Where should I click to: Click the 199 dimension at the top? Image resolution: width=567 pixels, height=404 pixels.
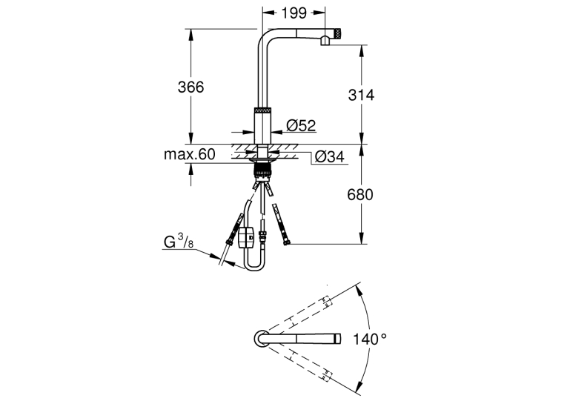point(294,13)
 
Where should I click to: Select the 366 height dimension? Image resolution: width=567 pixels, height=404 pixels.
point(190,87)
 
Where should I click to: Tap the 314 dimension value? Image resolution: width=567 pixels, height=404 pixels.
point(361,95)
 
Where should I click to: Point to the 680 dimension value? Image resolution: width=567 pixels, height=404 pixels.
point(359,194)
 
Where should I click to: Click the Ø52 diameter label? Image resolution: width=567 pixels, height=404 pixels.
point(301,125)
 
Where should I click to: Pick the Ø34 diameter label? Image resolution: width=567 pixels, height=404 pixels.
point(329,156)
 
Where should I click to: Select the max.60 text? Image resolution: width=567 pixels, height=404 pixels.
point(190,154)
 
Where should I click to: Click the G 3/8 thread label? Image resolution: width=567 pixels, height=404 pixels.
point(179,241)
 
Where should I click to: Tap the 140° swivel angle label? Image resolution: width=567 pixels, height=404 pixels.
point(370,340)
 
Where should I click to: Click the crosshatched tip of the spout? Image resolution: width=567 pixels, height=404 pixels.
point(338,33)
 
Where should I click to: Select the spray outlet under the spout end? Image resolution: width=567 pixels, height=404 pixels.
point(325,41)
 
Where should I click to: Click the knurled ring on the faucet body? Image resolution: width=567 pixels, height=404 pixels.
point(262,110)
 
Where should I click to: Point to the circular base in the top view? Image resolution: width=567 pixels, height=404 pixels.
point(261,339)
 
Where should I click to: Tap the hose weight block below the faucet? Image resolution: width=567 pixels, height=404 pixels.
point(247,237)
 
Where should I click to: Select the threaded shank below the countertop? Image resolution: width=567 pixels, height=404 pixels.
point(263,169)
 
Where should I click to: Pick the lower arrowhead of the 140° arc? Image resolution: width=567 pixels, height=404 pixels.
point(359,386)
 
